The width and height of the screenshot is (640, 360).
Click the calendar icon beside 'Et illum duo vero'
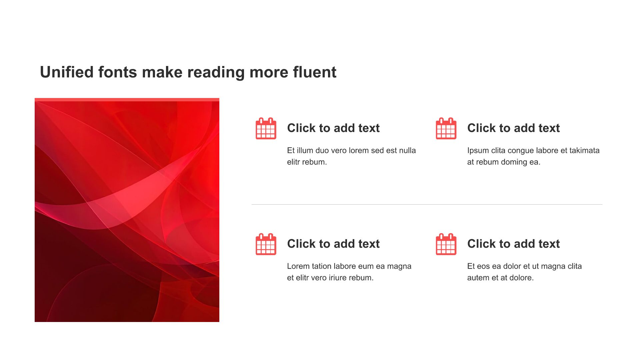coord(266,128)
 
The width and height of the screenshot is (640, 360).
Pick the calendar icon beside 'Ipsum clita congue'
coord(446,128)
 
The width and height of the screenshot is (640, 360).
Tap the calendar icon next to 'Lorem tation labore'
coord(266,244)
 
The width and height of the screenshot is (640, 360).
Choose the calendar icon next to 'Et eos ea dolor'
coord(446,244)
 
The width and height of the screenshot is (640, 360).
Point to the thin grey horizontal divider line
coord(427,204)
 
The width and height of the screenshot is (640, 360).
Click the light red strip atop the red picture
coord(127,100)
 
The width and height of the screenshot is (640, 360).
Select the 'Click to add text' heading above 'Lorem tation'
coord(333,244)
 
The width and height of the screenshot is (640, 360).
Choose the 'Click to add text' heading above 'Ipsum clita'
coord(513,128)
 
